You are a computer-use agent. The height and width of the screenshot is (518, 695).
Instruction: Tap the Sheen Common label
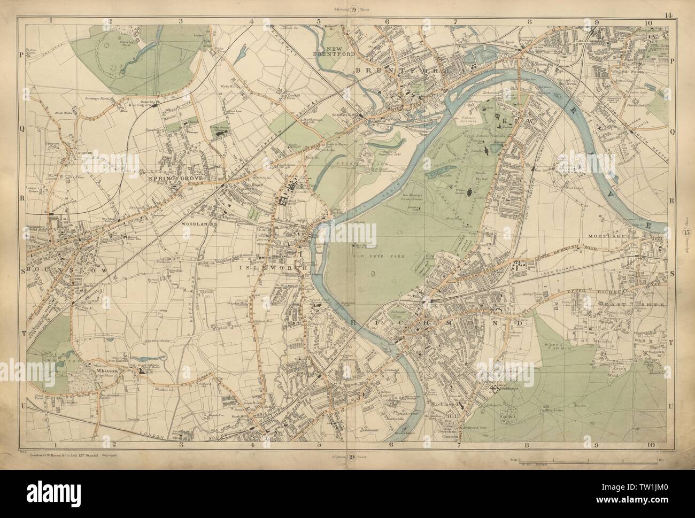point(559,347)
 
